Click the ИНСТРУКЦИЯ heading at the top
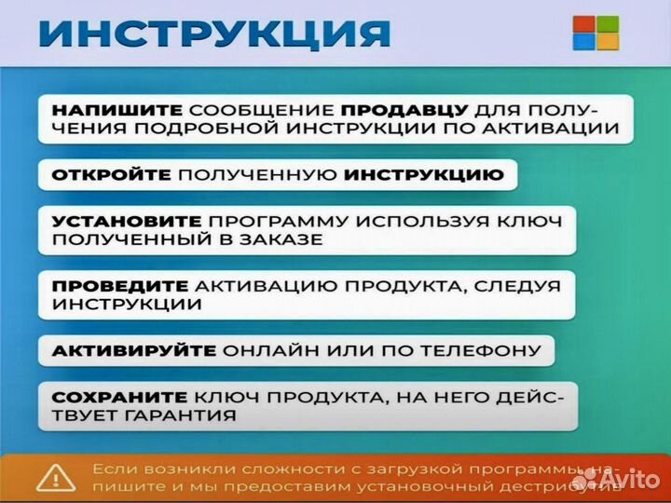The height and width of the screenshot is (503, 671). point(214,34)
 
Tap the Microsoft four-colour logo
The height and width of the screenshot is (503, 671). point(596,32)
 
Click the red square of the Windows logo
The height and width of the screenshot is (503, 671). point(585,22)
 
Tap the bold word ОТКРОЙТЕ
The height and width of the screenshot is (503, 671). point(111,174)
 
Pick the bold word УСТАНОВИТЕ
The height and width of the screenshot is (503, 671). point(127,221)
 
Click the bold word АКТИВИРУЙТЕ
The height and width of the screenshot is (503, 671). point(135,351)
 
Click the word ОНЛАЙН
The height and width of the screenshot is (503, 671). point(271,351)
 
